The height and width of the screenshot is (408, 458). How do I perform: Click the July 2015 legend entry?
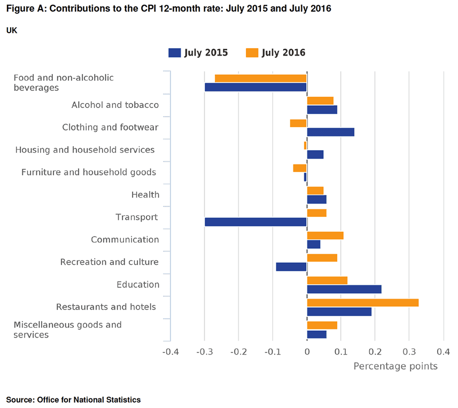pos(198,52)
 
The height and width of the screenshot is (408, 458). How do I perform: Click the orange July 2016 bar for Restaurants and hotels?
pos(362,303)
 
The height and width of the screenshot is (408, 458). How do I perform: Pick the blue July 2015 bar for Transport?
pos(255,222)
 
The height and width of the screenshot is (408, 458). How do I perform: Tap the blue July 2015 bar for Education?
pos(344,289)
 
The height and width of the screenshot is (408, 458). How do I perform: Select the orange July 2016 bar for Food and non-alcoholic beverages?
pos(260,79)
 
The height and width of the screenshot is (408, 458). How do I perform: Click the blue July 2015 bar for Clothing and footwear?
pos(330,132)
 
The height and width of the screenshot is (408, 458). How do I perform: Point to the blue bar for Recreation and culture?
pos(291,266)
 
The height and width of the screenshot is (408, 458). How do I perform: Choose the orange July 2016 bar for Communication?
pos(325,236)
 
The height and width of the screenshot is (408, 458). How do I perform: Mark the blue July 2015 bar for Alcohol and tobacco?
pos(322,109)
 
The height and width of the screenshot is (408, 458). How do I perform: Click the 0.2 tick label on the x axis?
pos(375,352)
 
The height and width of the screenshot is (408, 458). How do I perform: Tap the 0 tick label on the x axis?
pos(307,352)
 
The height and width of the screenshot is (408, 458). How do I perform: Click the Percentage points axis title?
pos(395,366)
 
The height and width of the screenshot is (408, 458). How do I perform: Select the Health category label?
pos(145,194)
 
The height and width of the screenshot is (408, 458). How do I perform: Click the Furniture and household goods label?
pos(89,172)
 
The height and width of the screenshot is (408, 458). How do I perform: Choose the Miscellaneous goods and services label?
pos(67,329)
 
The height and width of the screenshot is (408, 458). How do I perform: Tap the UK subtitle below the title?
pos(12,30)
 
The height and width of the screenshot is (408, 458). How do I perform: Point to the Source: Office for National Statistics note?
pos(73,399)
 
